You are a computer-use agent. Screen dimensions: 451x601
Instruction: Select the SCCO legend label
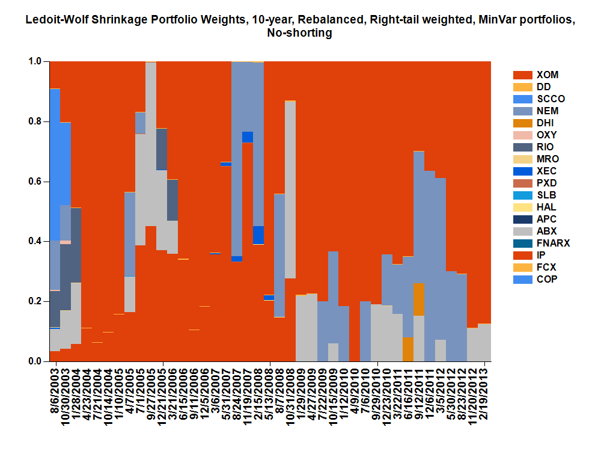551,99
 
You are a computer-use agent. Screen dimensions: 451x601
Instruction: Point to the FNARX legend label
553,243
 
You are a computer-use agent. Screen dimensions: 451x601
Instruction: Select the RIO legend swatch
522,147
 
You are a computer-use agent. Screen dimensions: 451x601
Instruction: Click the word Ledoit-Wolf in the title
57,20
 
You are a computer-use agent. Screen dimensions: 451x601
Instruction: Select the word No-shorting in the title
299,34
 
